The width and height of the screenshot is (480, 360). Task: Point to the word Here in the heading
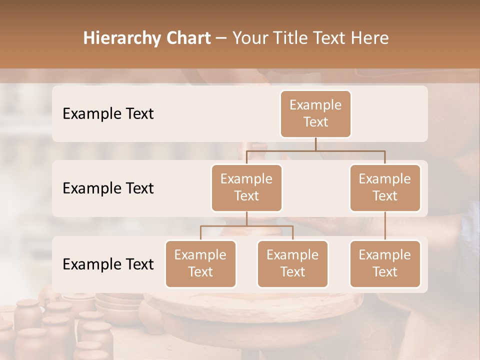(370, 38)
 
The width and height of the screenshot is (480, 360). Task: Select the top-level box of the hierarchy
(315, 113)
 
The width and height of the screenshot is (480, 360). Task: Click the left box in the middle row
(246, 187)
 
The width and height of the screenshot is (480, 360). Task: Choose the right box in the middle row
(385, 187)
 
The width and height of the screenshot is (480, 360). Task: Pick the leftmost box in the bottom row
(200, 263)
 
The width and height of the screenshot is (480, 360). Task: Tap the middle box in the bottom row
(292, 263)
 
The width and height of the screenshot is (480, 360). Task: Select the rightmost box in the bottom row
(385, 263)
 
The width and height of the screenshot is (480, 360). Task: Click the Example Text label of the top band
(108, 113)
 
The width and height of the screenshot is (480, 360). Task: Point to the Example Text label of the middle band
(108, 188)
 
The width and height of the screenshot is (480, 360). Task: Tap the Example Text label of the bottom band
(108, 264)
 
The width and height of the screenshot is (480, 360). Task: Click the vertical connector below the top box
(315, 144)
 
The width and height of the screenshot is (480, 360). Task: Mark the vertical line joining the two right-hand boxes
(385, 226)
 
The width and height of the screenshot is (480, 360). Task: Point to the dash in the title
(221, 38)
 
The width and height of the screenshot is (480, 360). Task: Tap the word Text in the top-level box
(315, 122)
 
